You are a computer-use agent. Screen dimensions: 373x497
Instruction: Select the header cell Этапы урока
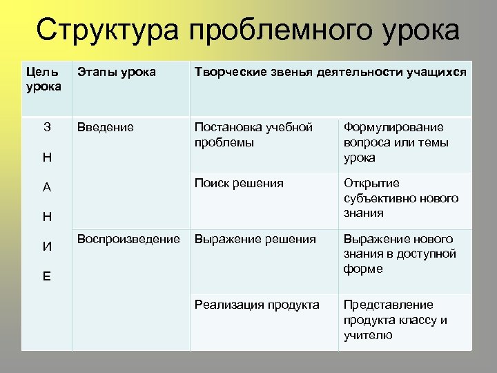117,73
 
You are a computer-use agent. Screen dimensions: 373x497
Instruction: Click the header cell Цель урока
43,79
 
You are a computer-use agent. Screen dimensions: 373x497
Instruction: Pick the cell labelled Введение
106,128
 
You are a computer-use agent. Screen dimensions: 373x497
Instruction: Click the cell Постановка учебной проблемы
253,135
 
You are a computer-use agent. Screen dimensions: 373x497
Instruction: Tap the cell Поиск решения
239,183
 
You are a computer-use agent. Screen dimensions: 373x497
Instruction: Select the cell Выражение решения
255,239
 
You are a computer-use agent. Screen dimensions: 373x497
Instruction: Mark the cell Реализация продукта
257,305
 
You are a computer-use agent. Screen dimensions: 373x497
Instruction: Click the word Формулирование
393,128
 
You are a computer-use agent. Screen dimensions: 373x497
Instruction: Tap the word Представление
388,305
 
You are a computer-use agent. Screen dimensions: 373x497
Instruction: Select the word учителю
368,335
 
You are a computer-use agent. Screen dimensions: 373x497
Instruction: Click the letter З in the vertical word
47,128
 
